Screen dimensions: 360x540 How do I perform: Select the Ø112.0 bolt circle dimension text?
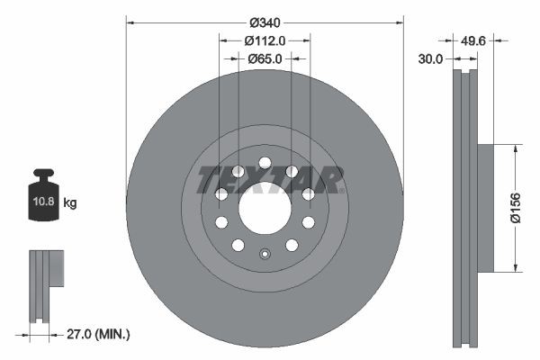pos(265,40)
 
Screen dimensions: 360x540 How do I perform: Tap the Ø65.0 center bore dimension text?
pos(265,58)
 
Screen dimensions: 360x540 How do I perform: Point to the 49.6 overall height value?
pos(473,40)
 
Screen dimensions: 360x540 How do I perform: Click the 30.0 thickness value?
pos(432,59)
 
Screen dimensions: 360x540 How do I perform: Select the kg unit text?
pos(70,203)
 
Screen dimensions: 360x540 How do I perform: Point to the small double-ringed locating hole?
pos(265,253)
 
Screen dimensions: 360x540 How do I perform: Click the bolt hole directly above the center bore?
pos(265,163)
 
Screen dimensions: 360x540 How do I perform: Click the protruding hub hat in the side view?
pos(482,207)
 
